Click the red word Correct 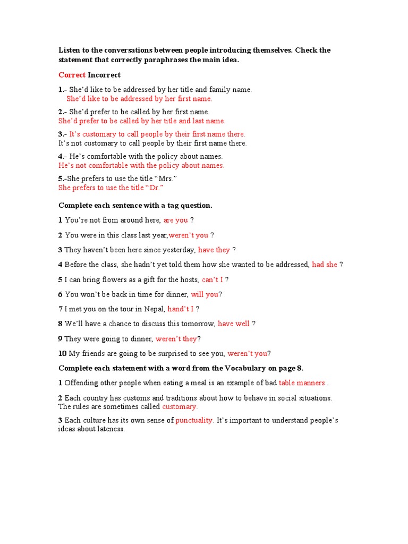pos(72,75)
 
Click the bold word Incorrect pos(104,75)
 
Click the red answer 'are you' pos(176,220)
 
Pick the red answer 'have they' pos(214,250)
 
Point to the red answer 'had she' pos(325,265)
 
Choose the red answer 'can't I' pos(212,279)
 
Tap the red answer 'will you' pos(205,294)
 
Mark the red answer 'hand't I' pos(181,309)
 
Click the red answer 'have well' pos(234,324)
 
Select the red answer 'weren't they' pos(176,338)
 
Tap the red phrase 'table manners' pos(302,383)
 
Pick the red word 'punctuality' pos(194,420)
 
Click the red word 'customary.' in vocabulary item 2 pos(180,406)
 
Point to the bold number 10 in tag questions pos(62,353)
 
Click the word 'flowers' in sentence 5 pos(104,279)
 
